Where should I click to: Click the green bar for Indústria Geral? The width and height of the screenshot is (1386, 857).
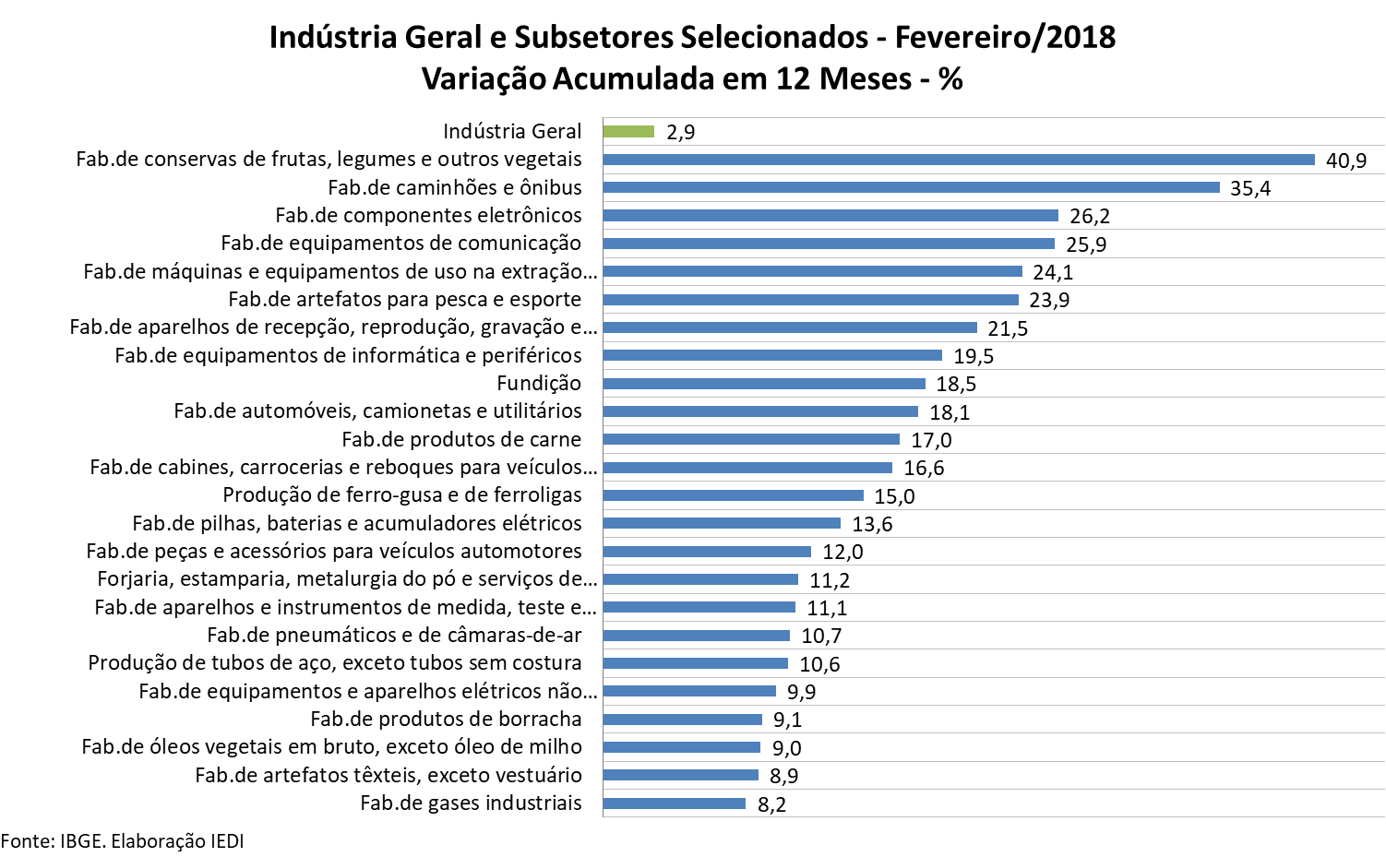pyautogui.click(x=628, y=132)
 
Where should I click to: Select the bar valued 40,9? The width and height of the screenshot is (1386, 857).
pyautogui.click(x=959, y=160)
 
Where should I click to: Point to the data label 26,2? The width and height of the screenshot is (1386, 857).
pyautogui.click(x=1090, y=217)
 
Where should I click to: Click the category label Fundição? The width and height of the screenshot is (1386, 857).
pyautogui.click(x=539, y=384)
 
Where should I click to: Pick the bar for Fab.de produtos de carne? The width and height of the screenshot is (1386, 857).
pyautogui.click(x=751, y=439)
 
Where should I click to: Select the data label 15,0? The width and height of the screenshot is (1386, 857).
pyautogui.click(x=894, y=496)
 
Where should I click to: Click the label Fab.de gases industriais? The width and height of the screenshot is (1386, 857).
pyautogui.click(x=471, y=803)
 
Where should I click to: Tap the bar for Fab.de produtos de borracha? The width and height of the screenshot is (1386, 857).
pyautogui.click(x=682, y=720)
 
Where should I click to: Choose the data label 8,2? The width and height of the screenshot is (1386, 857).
pyautogui.click(x=771, y=804)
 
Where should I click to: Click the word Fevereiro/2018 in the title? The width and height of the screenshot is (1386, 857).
pyautogui.click(x=1005, y=38)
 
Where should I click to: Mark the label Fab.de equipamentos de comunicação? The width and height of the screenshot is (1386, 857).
pyautogui.click(x=400, y=244)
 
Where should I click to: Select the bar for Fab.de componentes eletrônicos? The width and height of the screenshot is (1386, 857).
pyautogui.click(x=830, y=216)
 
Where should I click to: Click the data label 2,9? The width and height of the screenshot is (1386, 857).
pyautogui.click(x=680, y=133)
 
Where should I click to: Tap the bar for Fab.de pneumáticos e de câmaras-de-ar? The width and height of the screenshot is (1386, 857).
pyautogui.click(x=696, y=636)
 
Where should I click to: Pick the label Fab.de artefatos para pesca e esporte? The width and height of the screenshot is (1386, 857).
pyautogui.click(x=404, y=300)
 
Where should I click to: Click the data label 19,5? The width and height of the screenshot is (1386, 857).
pyautogui.click(x=974, y=357)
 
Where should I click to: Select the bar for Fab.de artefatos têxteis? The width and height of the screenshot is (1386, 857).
pyautogui.click(x=680, y=776)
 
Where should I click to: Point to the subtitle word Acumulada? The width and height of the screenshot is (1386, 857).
pyautogui.click(x=635, y=79)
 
